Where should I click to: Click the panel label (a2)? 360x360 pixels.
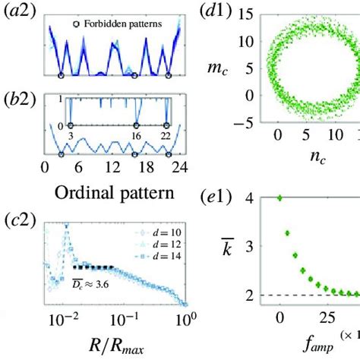click(x=19, y=13)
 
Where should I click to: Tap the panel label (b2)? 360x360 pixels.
click(x=19, y=96)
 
